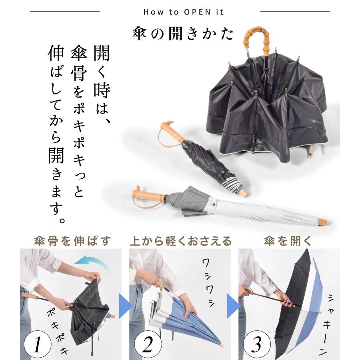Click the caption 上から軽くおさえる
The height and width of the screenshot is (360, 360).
click(180, 241)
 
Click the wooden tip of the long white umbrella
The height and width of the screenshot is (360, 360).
click(322, 222)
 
